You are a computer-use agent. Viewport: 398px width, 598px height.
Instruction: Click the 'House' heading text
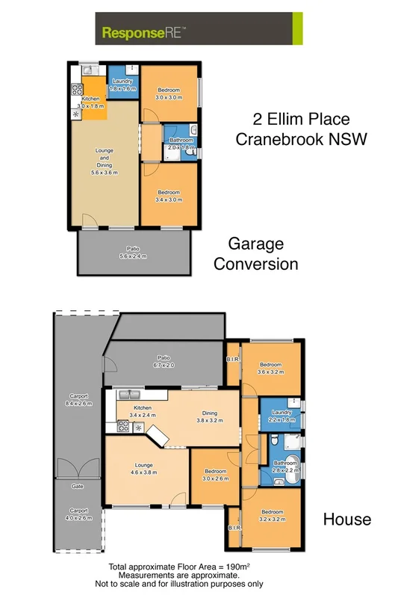(x=346, y=519)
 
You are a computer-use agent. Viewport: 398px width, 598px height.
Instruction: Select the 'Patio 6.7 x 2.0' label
(x=164, y=361)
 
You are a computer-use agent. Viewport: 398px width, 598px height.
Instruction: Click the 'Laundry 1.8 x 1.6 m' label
(x=122, y=84)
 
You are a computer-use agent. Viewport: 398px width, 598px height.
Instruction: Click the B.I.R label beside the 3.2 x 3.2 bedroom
(x=231, y=528)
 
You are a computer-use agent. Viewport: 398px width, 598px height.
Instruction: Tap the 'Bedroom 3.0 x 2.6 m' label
(x=215, y=475)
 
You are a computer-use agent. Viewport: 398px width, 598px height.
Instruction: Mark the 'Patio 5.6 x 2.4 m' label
(x=134, y=252)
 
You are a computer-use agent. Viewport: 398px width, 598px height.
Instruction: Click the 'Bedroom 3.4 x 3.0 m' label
(x=169, y=197)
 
